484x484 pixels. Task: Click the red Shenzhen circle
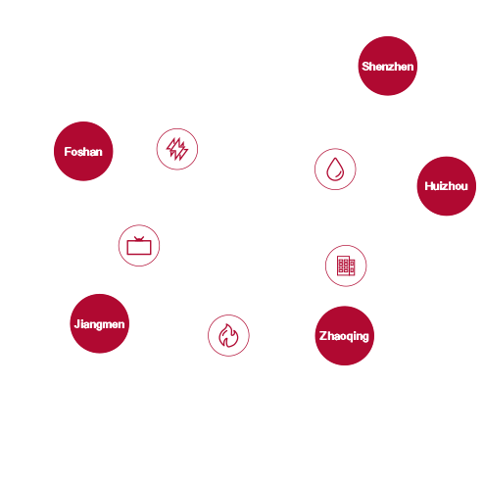[x=388, y=66]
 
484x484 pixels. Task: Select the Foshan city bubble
[x=83, y=151]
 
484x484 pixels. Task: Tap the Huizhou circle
[x=447, y=186]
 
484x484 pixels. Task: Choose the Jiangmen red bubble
[x=100, y=323]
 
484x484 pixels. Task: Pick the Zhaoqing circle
[x=345, y=336]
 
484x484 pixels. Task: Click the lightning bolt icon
[x=177, y=149]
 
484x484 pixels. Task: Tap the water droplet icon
[x=335, y=169]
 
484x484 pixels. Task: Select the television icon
[x=139, y=246]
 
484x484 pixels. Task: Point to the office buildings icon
[x=346, y=266]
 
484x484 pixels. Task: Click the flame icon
[x=228, y=335]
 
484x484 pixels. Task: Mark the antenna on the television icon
[x=139, y=239]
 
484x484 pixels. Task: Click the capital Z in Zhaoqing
[x=323, y=335]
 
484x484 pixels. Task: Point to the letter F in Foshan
[x=68, y=152]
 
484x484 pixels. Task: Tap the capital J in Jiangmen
[x=77, y=323]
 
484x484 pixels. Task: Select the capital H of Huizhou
[x=429, y=186]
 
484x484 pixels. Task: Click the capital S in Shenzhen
[x=365, y=67]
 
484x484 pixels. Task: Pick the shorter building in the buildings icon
[x=352, y=267]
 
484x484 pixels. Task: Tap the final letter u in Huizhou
[x=464, y=187]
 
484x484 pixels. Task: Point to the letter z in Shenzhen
[x=389, y=68]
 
